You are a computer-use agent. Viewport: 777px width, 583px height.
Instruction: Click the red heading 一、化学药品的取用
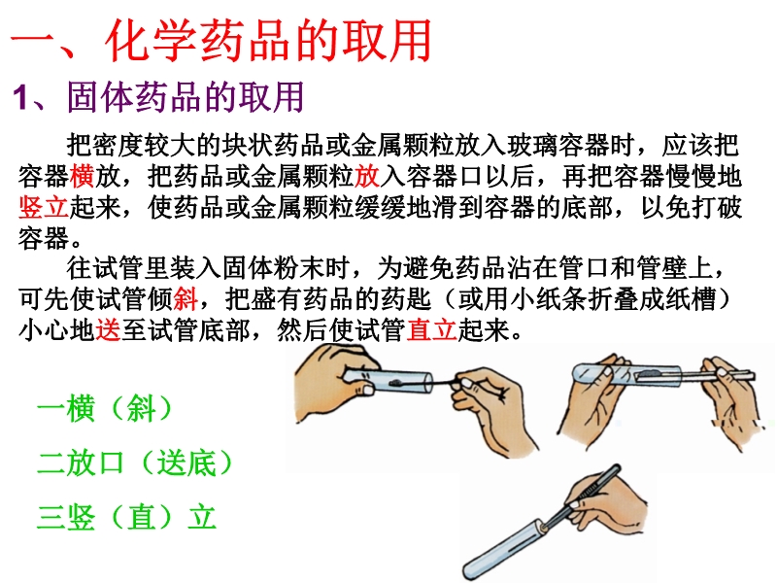click(x=221, y=40)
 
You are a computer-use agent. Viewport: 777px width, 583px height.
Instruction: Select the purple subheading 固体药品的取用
click(x=186, y=96)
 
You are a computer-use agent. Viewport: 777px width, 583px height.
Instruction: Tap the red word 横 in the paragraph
click(x=82, y=176)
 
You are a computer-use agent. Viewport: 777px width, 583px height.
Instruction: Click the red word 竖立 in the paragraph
click(x=44, y=207)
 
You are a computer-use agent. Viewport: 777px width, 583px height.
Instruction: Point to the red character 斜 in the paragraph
click(x=186, y=299)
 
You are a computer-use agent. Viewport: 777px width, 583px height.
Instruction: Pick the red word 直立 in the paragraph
click(x=431, y=329)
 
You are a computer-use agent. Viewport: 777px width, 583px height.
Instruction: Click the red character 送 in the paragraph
click(x=108, y=329)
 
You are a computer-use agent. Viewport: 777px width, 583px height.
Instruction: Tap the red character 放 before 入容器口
click(x=367, y=176)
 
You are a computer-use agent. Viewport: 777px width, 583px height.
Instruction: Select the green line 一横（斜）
click(x=105, y=409)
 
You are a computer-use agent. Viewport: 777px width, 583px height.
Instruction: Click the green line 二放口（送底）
click(x=135, y=463)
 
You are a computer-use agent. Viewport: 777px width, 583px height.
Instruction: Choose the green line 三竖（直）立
click(x=127, y=517)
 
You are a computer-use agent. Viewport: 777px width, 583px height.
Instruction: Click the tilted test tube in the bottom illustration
click(x=503, y=549)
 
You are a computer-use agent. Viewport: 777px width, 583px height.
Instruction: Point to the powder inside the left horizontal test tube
click(x=396, y=382)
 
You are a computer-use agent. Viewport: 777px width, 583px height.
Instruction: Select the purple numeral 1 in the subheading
click(x=19, y=97)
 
